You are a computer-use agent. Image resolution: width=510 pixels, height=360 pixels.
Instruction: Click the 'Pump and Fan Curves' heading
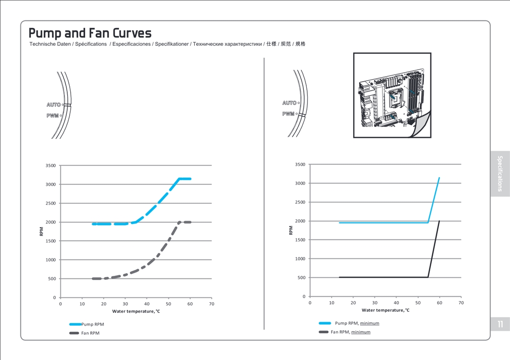(x=90, y=33)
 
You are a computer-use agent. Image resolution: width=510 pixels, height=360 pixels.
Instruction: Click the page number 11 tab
(x=500, y=324)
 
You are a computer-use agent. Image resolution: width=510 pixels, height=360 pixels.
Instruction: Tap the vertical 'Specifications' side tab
(x=500, y=173)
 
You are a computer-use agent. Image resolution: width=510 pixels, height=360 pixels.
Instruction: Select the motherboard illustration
(x=392, y=95)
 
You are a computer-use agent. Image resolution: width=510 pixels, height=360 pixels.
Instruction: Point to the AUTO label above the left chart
(x=53, y=105)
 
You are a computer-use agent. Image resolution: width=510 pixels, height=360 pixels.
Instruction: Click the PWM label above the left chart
(x=52, y=116)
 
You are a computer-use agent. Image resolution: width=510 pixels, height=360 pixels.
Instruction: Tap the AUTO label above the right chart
(x=289, y=103)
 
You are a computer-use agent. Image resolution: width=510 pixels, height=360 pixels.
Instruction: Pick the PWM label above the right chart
(x=288, y=114)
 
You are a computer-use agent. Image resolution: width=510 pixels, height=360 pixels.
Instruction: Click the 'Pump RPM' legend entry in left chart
(x=92, y=324)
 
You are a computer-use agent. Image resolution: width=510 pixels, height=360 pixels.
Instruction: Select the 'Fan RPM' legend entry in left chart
(x=90, y=333)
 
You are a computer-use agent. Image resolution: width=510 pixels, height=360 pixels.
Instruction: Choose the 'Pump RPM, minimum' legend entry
(x=357, y=323)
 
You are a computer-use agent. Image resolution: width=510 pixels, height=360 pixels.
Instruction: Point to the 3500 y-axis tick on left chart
(x=50, y=165)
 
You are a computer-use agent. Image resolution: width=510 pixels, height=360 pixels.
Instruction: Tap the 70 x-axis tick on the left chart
(x=212, y=304)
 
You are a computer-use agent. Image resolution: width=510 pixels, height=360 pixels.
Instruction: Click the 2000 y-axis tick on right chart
(x=299, y=221)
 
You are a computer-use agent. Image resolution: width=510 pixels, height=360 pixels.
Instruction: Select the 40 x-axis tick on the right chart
(x=396, y=303)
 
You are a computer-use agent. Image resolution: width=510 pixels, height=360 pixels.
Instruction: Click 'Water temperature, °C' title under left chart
(x=136, y=311)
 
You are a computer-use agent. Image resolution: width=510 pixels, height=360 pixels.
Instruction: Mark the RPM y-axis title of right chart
(x=291, y=230)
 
